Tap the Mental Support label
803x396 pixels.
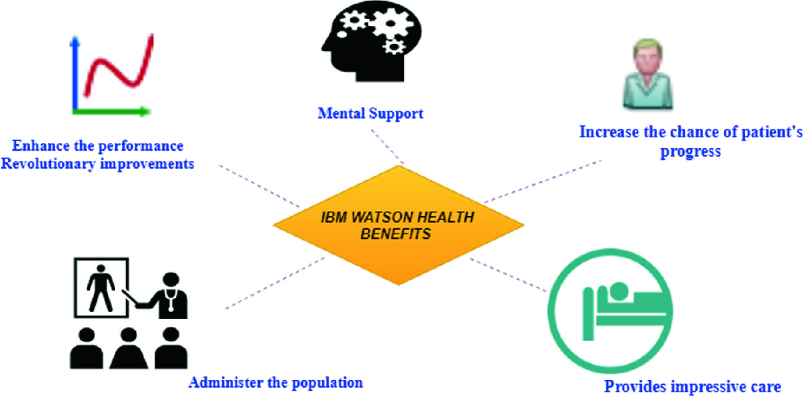pos(371,113)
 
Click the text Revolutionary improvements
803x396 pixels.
pos(97,164)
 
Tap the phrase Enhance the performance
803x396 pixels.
pos(98,145)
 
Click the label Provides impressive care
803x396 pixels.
pos(693,386)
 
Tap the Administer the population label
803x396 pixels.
pos(275,382)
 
